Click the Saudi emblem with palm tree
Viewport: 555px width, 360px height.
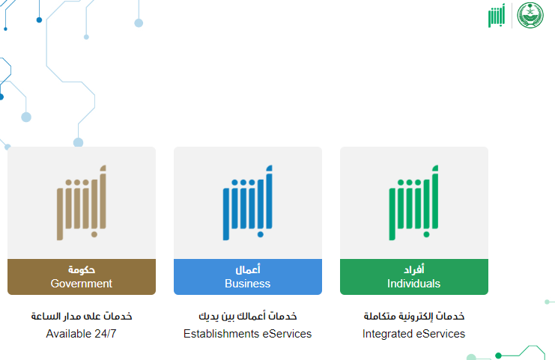[x=530, y=15]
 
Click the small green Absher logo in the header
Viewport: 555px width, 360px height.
[x=497, y=16]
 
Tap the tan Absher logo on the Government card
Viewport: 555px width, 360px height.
[x=82, y=203]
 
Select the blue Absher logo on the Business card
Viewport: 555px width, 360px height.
[x=248, y=203]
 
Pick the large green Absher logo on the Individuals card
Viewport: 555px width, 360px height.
[x=413, y=203]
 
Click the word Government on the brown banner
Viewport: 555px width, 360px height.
[x=82, y=284]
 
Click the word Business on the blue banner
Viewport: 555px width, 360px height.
[x=247, y=284]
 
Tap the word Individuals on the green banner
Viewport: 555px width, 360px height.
[x=413, y=284]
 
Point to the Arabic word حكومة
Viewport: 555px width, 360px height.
[x=82, y=270]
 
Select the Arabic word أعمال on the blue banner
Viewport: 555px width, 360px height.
[x=248, y=269]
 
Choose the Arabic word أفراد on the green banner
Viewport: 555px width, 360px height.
[x=414, y=269]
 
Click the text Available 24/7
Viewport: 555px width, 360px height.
[x=81, y=334]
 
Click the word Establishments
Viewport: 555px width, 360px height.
[x=221, y=334]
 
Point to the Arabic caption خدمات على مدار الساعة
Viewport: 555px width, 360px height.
[x=82, y=316]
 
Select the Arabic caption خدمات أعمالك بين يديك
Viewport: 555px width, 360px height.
[x=248, y=316]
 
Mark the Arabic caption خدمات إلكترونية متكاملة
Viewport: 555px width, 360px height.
[x=413, y=316]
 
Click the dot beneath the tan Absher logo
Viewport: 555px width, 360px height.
[x=94, y=234]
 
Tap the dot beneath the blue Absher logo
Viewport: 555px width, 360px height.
[x=261, y=234]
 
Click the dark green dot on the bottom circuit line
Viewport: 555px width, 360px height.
[x=498, y=356]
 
